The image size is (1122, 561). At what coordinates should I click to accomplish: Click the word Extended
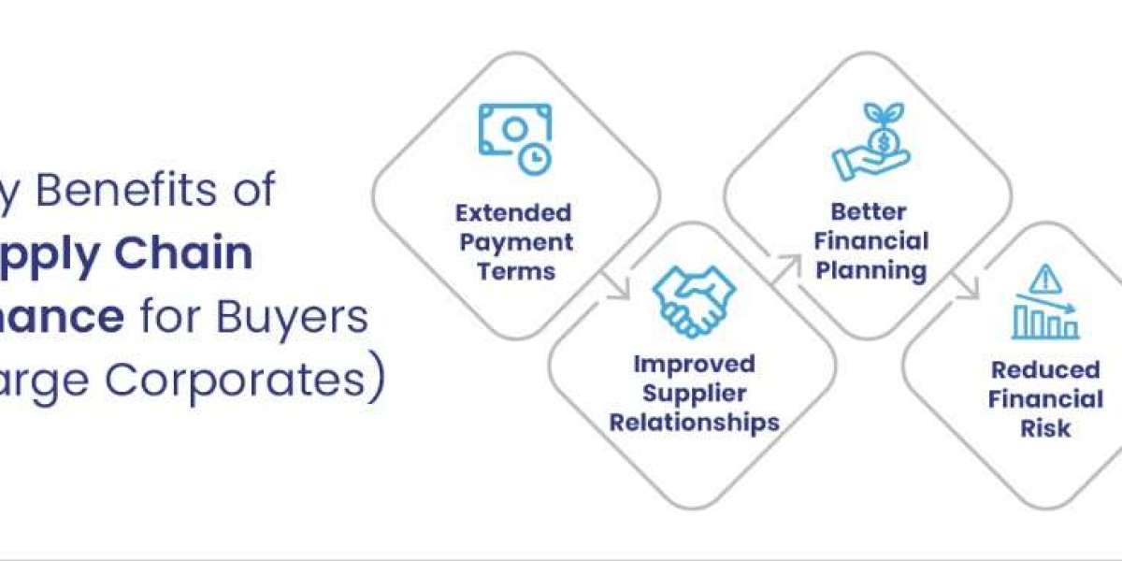(x=513, y=212)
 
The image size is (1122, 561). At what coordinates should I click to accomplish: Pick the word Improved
(x=694, y=363)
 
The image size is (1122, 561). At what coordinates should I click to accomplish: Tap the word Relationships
(x=694, y=423)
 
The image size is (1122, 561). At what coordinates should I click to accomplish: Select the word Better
(x=870, y=211)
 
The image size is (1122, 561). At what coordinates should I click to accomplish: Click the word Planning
(x=870, y=271)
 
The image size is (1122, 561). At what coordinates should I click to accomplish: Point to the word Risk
(x=1045, y=428)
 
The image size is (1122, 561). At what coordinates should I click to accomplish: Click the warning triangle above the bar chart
(x=1045, y=279)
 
